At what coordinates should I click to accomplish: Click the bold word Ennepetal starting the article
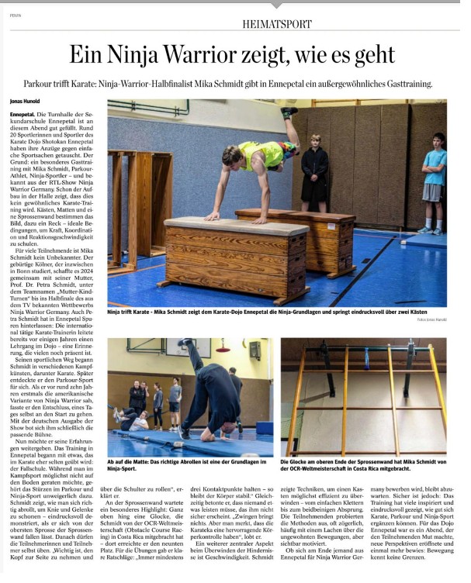(26, 114)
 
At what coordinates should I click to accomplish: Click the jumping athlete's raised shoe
(289, 112)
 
